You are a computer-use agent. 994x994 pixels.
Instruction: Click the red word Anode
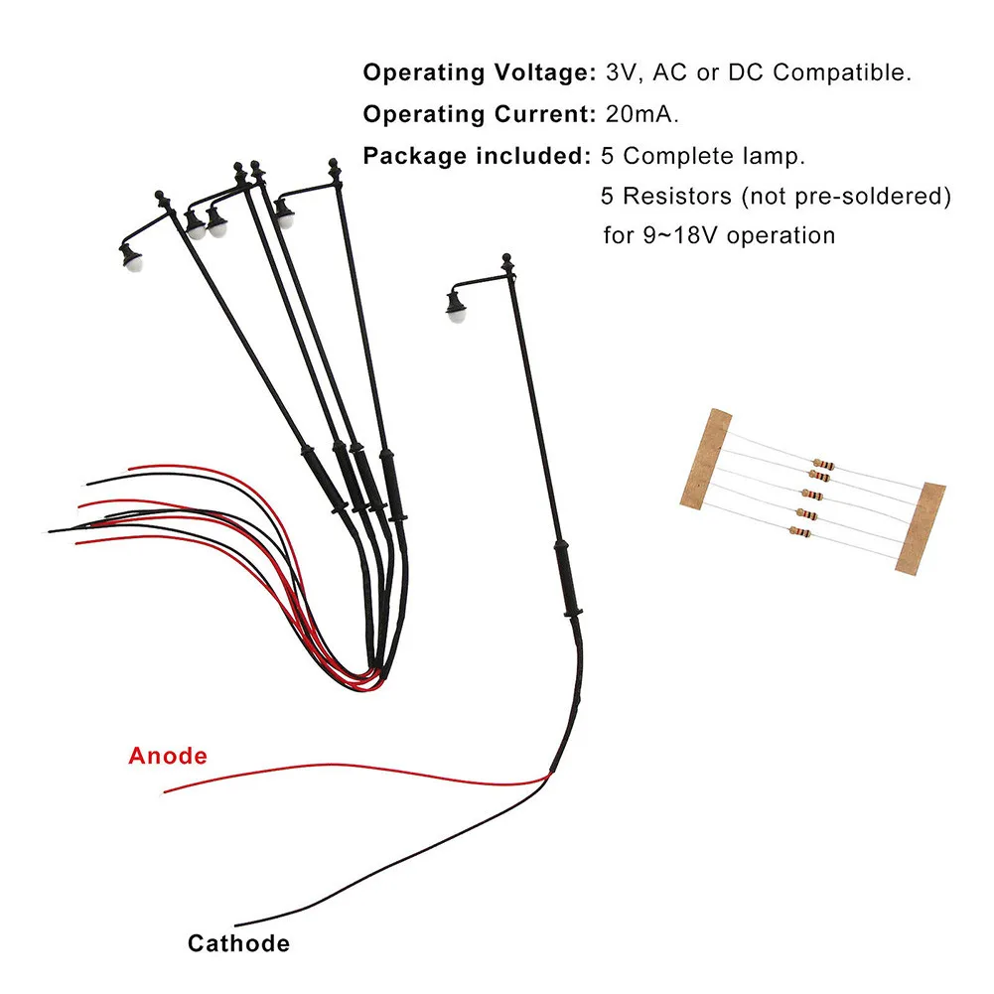pyautogui.click(x=168, y=756)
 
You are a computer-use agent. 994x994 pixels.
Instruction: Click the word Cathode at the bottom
pyautogui.click(x=238, y=943)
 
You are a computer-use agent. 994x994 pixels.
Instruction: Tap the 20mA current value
pyautogui.click(x=641, y=114)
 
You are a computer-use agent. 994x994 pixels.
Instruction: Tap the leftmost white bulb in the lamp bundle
pyautogui.click(x=130, y=260)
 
